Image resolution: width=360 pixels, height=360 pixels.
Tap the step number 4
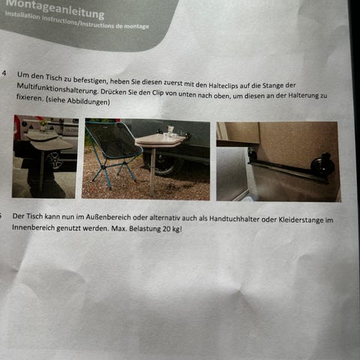pyautogui.click(x=4, y=73)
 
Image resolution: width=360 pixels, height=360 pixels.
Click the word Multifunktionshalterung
pyautogui.click(x=57, y=88)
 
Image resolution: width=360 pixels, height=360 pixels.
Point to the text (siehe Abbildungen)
pyautogui.click(x=77, y=101)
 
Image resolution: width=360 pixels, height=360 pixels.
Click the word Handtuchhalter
pyautogui.click(x=234, y=219)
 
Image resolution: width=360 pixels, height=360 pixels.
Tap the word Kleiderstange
pyautogui.click(x=301, y=220)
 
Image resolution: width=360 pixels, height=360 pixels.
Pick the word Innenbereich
pyautogui.click(x=33, y=228)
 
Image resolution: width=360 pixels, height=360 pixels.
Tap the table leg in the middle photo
pyautogui.click(x=153, y=172)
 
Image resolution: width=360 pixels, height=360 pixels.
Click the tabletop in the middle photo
pyautogui.click(x=159, y=140)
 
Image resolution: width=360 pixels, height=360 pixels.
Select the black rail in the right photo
pyautogui.click(x=287, y=171)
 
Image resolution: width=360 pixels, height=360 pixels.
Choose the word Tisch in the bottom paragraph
pyautogui.click(x=34, y=216)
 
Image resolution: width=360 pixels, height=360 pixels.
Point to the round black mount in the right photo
pyautogui.click(x=323, y=164)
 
